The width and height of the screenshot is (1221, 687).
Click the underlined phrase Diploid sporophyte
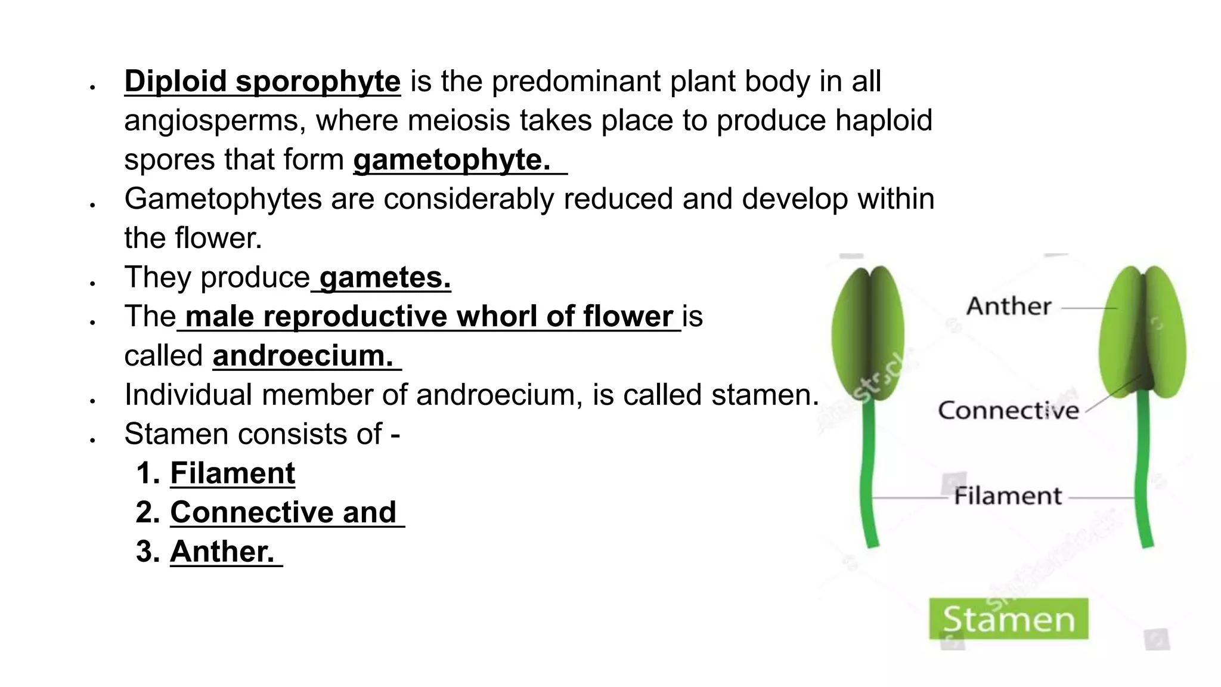262,81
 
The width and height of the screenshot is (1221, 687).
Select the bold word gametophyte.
451,159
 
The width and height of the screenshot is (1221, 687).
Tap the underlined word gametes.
385,277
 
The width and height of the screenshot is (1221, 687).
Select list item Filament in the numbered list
232,474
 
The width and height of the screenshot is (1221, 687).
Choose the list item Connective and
283,512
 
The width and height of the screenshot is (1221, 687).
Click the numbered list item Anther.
222,552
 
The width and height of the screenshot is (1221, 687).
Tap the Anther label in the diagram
1008,307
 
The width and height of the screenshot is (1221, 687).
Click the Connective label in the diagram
1008,410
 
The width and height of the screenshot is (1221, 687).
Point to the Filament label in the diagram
1008,496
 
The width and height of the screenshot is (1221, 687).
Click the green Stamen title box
1008,619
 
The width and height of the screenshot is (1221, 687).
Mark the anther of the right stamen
1142,331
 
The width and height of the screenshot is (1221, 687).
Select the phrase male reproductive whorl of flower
429,317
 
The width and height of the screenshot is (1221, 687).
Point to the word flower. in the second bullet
218,238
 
